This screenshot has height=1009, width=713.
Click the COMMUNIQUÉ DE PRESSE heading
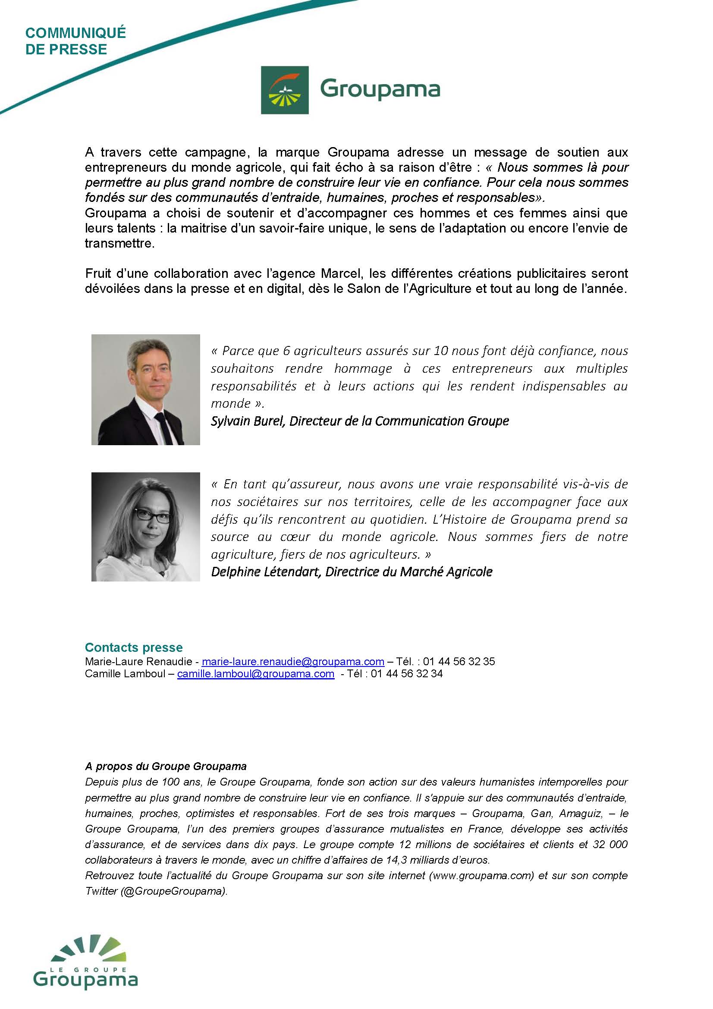(75, 41)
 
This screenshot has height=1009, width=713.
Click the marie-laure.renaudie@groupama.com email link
(293, 661)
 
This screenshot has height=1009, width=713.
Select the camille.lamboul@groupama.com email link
(256, 674)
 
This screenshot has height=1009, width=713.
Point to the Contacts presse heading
(134, 648)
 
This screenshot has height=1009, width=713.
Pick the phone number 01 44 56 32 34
(406, 674)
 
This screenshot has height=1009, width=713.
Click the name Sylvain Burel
(248, 421)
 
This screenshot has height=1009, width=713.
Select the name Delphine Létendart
(265, 572)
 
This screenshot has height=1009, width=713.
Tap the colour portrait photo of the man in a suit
(145, 390)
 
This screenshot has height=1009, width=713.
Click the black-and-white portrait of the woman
(145, 527)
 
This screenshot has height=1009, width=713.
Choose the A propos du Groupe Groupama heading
(166, 767)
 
